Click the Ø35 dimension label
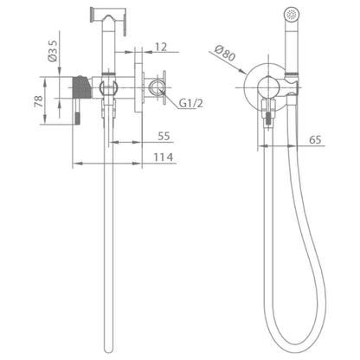pyautogui.click(x=53, y=51)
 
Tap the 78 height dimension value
pyautogui.click(x=39, y=101)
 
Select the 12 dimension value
pyautogui.click(x=161, y=47)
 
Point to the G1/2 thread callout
pyautogui.click(x=190, y=103)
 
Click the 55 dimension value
pyautogui.click(x=164, y=136)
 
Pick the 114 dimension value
pyautogui.click(x=164, y=157)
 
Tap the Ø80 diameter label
pyautogui.click(x=225, y=53)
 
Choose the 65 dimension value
pyautogui.click(x=315, y=139)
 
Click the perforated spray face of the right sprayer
pyautogui.click(x=292, y=13)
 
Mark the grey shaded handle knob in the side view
pyautogui.click(x=81, y=87)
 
